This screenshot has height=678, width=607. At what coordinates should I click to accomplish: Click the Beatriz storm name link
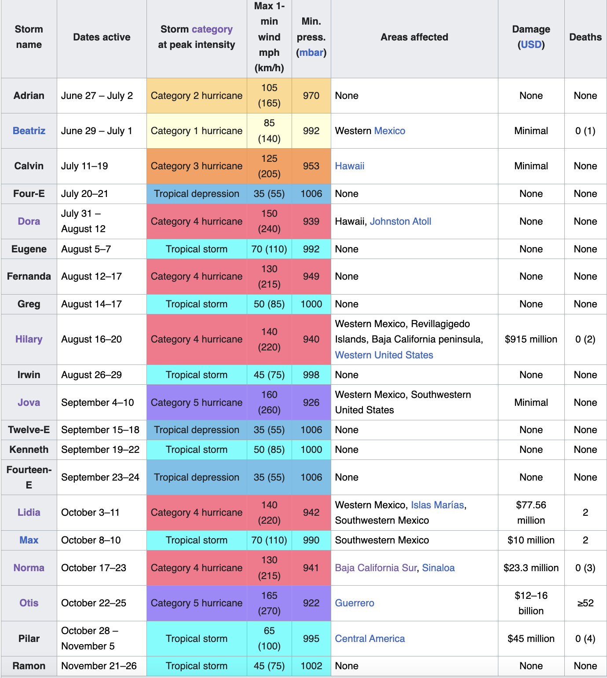(x=29, y=131)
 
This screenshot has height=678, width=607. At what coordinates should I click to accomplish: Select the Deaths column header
(x=585, y=37)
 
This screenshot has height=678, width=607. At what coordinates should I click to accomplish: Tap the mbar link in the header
(x=311, y=52)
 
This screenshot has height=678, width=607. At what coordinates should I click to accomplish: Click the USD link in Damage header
(x=531, y=44)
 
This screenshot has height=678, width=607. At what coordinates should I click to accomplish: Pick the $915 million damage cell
(x=531, y=339)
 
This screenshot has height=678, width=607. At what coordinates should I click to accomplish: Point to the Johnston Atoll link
(x=400, y=221)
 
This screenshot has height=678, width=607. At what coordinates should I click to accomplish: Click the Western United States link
(x=384, y=355)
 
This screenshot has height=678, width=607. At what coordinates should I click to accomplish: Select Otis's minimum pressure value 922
(x=311, y=603)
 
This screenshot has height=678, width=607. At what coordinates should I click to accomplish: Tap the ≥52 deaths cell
(x=585, y=603)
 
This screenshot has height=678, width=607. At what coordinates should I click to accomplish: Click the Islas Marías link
(x=437, y=505)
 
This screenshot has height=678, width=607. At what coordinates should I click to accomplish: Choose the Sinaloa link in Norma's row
(x=438, y=568)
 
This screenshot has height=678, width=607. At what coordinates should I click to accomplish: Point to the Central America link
(x=370, y=638)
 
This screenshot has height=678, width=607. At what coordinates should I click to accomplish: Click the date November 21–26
(x=99, y=666)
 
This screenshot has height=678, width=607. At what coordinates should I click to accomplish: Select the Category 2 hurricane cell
(x=197, y=95)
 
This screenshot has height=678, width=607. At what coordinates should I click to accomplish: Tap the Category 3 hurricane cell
(x=197, y=166)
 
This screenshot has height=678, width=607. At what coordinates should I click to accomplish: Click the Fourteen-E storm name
(x=29, y=477)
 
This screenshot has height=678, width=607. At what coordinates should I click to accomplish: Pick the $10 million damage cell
(x=531, y=540)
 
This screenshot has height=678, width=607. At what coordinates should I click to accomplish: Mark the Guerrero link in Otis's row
(x=355, y=603)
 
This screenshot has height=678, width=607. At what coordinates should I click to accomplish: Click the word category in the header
(x=212, y=29)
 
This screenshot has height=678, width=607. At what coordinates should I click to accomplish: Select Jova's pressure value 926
(x=311, y=402)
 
